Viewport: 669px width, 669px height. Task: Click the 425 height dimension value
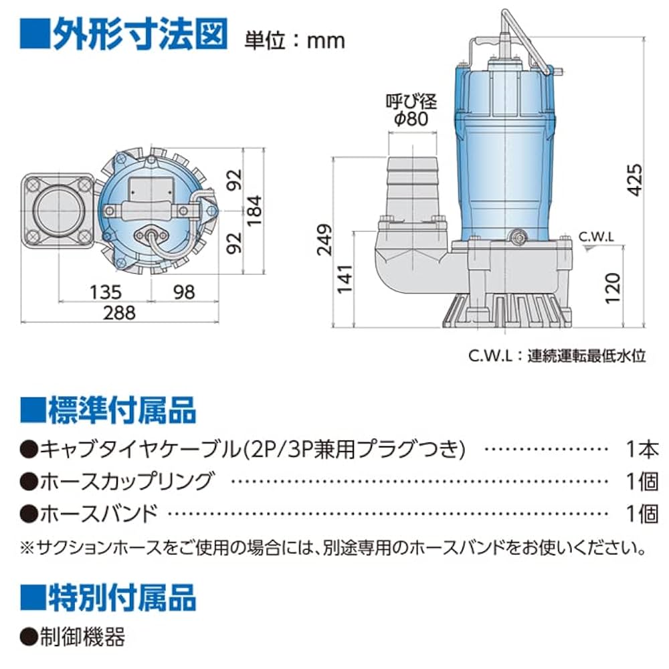pos(636,179)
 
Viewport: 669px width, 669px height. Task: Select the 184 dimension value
pos(257,209)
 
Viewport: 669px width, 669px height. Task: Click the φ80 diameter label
pos(411,120)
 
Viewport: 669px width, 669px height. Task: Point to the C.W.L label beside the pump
pos(597,237)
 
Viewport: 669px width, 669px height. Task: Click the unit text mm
pos(326,41)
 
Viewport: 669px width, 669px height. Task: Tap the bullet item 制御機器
pos(82,637)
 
